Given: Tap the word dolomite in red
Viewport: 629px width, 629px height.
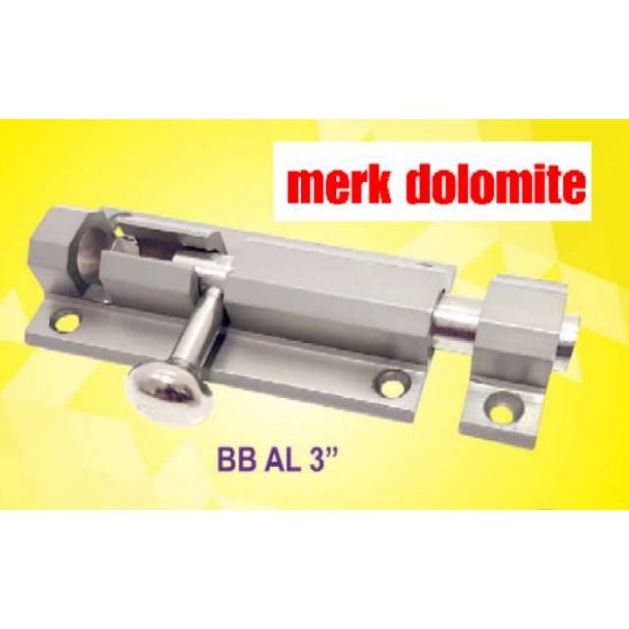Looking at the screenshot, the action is coord(498,183).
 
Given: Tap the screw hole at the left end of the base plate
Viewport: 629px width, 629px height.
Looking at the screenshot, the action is coord(65,321).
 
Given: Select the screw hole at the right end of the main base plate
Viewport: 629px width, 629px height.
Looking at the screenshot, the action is coord(393,382).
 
